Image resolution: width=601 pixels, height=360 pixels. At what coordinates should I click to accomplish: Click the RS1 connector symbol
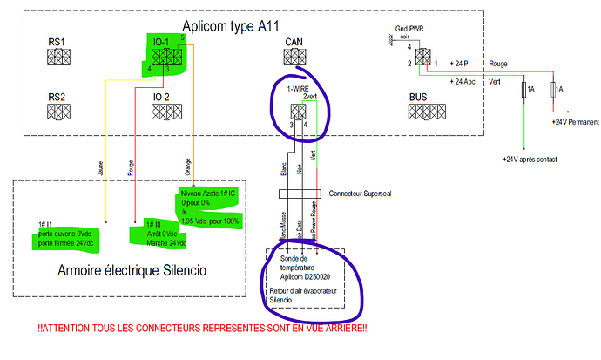[59, 58]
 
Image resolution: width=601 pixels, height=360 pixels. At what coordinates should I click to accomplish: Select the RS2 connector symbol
[59, 111]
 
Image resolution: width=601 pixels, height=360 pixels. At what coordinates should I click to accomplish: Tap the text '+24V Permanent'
[575, 123]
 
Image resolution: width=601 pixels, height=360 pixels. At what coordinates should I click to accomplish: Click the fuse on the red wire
[555, 89]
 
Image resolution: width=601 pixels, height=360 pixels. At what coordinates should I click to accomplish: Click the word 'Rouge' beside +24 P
[499, 64]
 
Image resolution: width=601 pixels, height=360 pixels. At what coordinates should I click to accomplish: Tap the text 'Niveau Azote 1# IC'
[207, 193]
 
